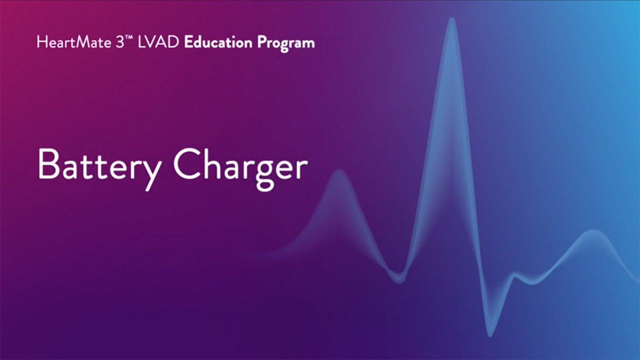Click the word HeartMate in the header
tap(73, 42)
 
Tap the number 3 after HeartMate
tap(119, 43)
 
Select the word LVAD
tap(158, 42)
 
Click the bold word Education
tap(218, 42)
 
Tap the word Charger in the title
tap(240, 169)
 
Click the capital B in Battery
tap(49, 164)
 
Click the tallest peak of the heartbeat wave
tap(451, 19)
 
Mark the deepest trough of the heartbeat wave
tap(490, 335)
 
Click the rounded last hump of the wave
tap(593, 231)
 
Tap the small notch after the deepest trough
tap(514, 275)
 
